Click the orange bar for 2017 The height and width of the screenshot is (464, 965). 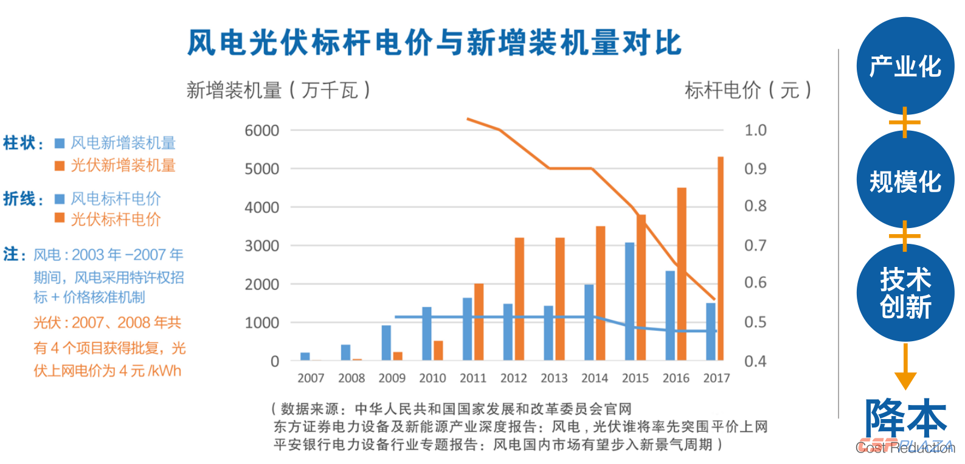[x=721, y=258]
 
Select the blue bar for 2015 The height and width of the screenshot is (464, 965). [x=629, y=301]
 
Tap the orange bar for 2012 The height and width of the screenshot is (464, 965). [x=519, y=299]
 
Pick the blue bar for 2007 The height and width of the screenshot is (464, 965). [x=305, y=356]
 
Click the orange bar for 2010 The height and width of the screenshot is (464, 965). [x=438, y=350]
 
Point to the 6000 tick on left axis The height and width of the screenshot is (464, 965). [x=261, y=131]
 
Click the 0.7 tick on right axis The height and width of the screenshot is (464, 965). [x=755, y=246]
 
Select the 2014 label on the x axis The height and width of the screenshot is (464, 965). [x=594, y=378]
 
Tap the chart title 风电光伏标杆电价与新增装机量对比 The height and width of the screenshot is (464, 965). [x=434, y=43]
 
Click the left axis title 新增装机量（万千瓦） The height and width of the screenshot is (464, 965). [x=278, y=91]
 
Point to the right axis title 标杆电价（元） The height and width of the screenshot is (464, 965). [x=748, y=91]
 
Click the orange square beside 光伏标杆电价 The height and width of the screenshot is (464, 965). [x=60, y=218]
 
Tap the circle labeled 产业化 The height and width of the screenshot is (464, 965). [x=905, y=66]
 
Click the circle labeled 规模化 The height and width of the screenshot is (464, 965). [x=905, y=181]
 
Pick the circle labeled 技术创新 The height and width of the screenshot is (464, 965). [x=905, y=293]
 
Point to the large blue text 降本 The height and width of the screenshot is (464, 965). [x=905, y=418]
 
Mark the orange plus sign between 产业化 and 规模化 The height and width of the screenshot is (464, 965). [x=905, y=123]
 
